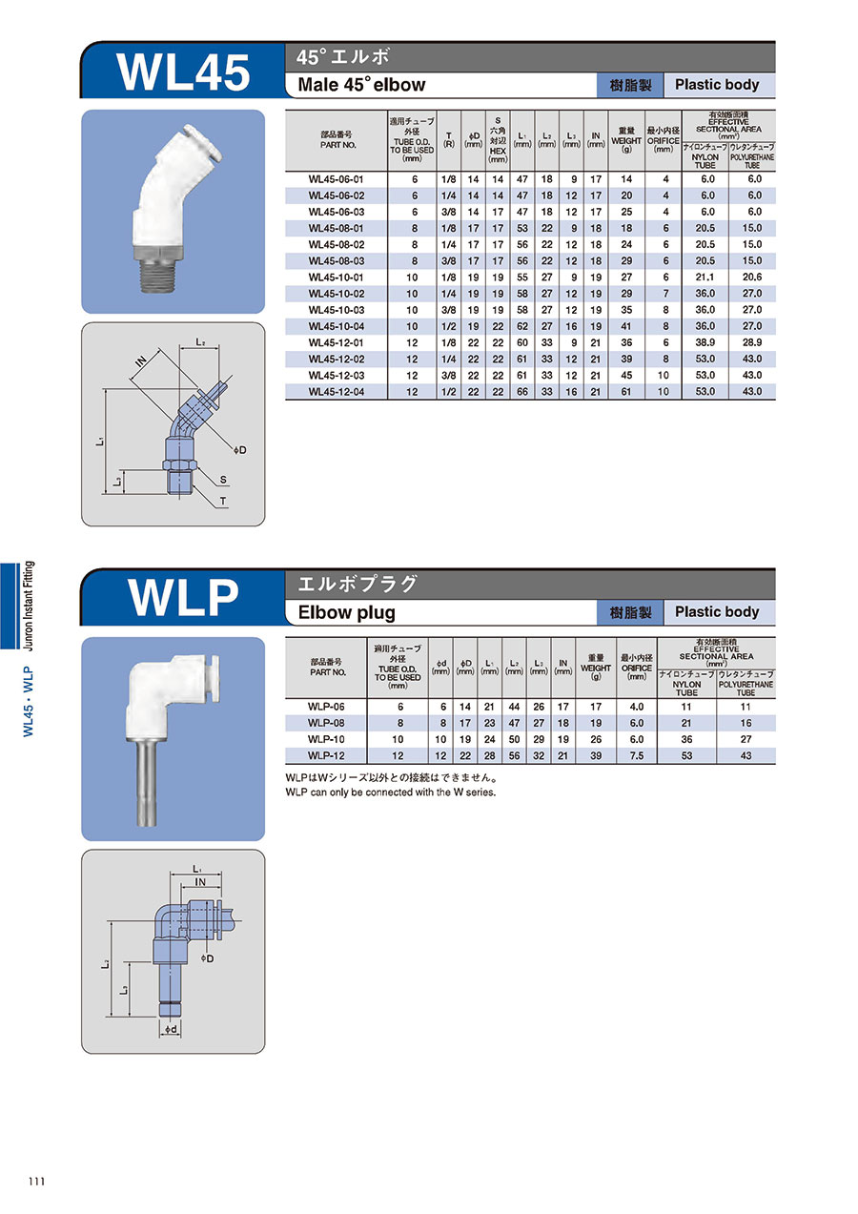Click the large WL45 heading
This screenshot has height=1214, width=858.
[183, 72]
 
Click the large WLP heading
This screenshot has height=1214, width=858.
[183, 598]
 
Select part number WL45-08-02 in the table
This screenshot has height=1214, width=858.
[337, 245]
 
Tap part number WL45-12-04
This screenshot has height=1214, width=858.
[337, 392]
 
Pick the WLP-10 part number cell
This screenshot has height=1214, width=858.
[326, 739]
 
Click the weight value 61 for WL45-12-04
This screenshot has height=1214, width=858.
[626, 392]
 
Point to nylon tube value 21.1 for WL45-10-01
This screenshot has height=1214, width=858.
[705, 278]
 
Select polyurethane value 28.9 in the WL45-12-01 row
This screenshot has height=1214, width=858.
[752, 342]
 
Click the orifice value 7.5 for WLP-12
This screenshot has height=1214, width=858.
[637, 755]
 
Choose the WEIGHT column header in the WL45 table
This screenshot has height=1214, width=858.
[626, 141]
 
